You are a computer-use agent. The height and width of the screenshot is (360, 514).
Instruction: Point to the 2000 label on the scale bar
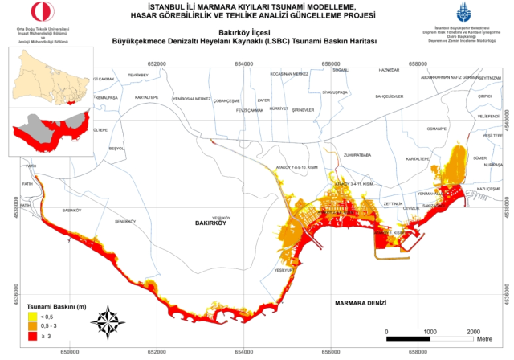473,330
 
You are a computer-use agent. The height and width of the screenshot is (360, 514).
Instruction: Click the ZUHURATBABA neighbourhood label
355,154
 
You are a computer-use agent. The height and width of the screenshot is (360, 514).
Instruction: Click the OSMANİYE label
436,129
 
